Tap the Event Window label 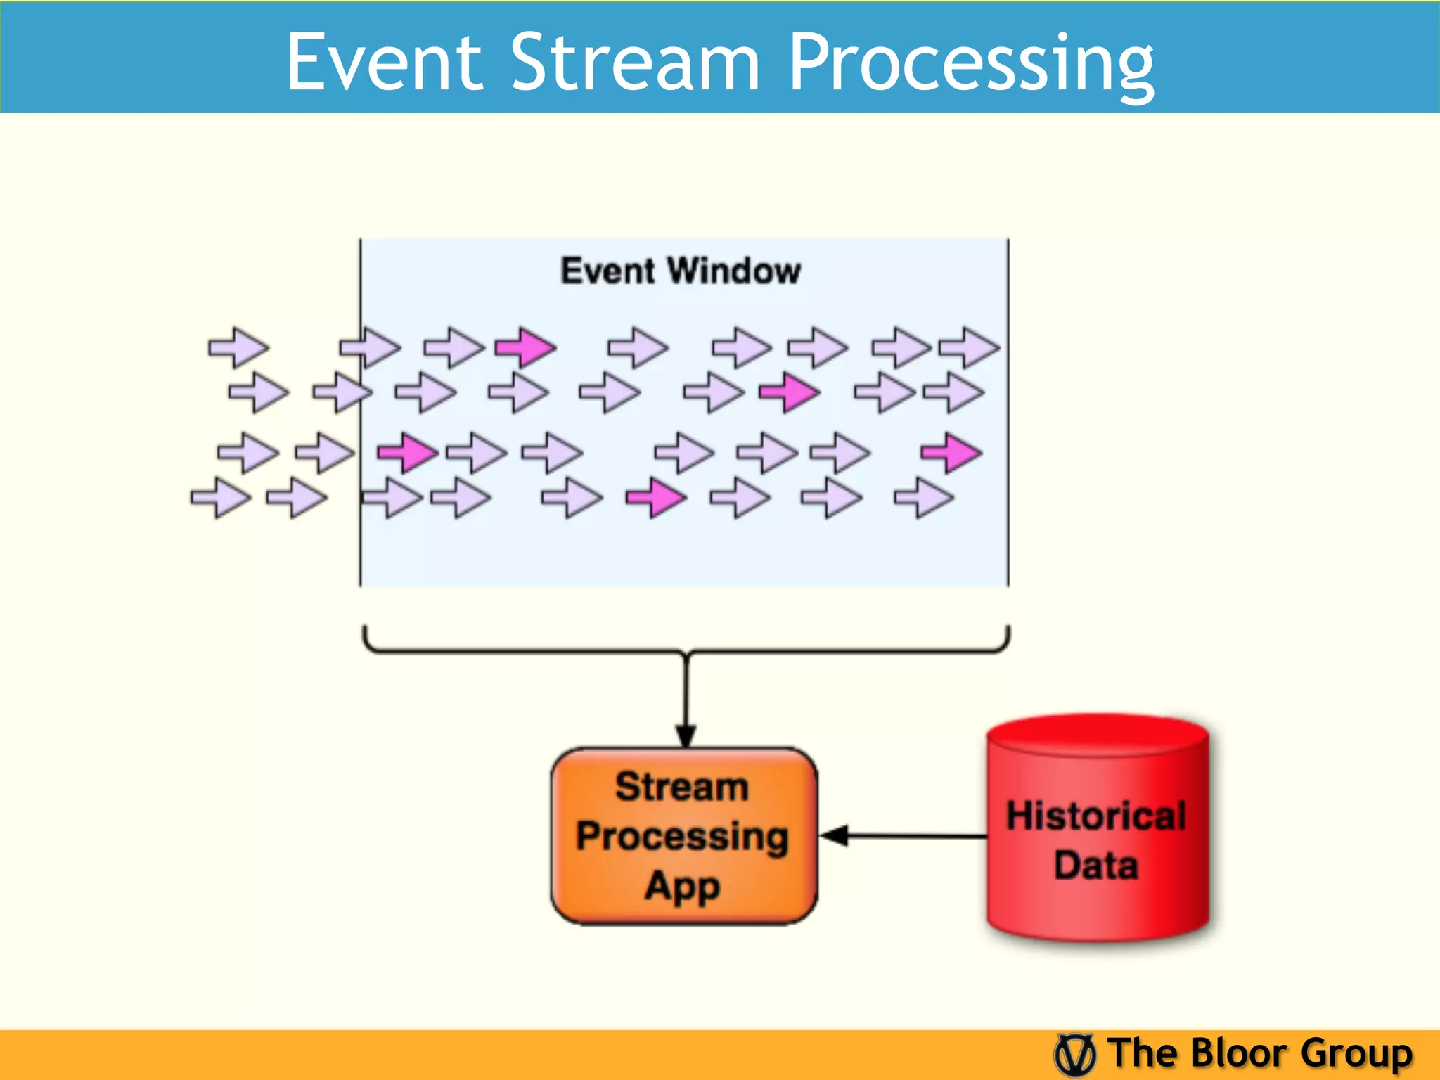[x=680, y=271]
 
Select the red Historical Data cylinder [x=1097, y=830]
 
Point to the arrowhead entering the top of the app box [x=686, y=736]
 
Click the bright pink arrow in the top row [x=526, y=347]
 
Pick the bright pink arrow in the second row [x=790, y=392]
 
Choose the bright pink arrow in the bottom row [x=656, y=498]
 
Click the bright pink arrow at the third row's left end [x=408, y=452]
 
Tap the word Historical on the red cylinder [x=1096, y=816]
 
